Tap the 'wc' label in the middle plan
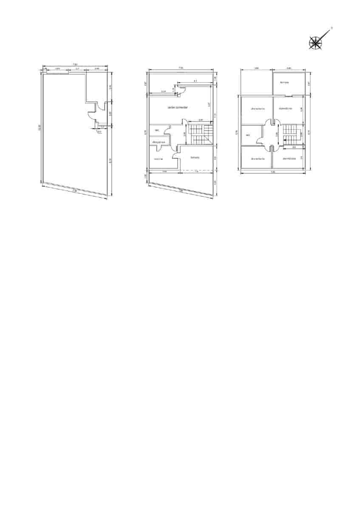(x=156, y=130)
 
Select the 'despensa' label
(x=158, y=142)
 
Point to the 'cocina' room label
(x=158, y=159)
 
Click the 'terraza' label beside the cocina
(x=195, y=158)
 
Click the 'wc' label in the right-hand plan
(x=247, y=136)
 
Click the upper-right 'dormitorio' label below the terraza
(x=286, y=108)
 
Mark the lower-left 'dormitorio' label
(x=258, y=159)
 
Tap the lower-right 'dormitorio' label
(x=289, y=159)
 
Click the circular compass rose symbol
(x=315, y=42)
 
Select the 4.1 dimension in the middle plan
(x=195, y=81)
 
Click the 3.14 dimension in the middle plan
(x=164, y=91)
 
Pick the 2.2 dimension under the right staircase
(x=294, y=147)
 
